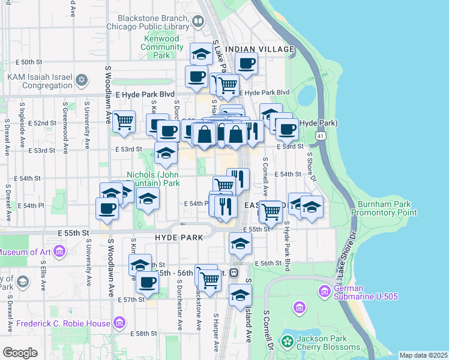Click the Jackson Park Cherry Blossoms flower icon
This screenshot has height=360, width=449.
coord(288,342)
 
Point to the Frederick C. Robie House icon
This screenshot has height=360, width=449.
coord(119,324)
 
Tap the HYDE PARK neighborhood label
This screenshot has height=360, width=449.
coord(173,238)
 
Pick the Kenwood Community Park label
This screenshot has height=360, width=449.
coord(161,47)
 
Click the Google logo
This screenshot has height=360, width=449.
coord(20,353)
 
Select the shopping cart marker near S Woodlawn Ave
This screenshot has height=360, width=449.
coord(124,121)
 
